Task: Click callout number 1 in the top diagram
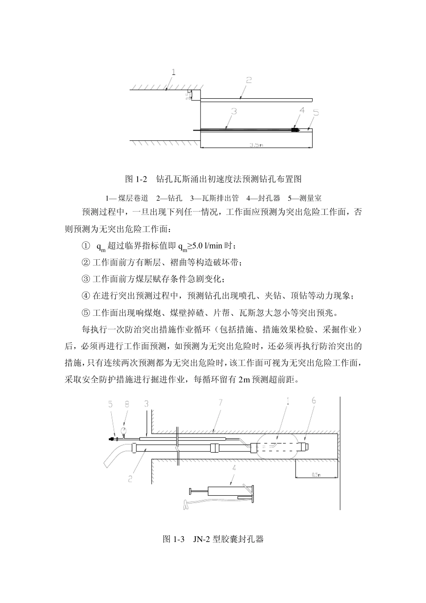tap(174, 72)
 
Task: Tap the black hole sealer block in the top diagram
tap(295, 130)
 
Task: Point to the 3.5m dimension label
tap(256, 145)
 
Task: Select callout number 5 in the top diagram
tap(316, 113)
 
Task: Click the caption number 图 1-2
tap(136, 179)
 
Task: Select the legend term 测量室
tap(311, 198)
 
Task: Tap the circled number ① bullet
tap(86, 246)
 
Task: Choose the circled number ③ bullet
tap(86, 279)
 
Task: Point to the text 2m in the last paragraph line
tap(243, 380)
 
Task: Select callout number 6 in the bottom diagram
tap(313, 401)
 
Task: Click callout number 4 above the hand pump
tap(234, 468)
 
